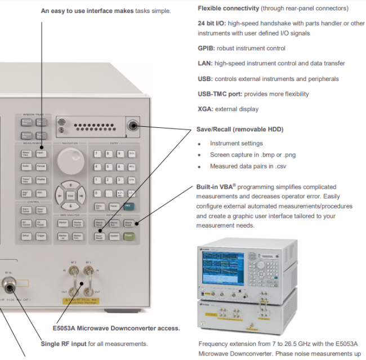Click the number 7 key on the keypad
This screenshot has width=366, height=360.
tap(97, 153)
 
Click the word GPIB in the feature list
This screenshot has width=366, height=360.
tap(206, 48)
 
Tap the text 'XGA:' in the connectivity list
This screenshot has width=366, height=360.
tap(206, 109)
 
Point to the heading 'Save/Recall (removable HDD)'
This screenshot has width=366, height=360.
tap(239, 129)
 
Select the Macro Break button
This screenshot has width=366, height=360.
tap(130, 224)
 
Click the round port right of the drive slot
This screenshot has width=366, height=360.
tap(133, 126)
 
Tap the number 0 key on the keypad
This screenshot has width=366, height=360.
tap(97, 194)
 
